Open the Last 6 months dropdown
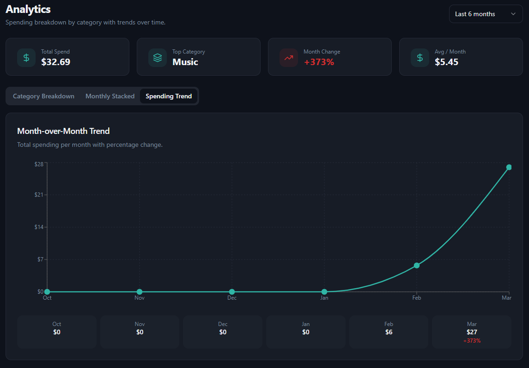click(485, 14)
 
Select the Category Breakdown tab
click(43, 96)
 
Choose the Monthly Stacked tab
click(110, 96)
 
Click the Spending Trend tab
click(169, 96)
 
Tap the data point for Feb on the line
click(417, 265)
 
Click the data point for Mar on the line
click(509, 167)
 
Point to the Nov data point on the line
click(140, 292)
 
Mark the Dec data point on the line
click(232, 292)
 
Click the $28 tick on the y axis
click(39, 164)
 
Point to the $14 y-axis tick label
click(39, 227)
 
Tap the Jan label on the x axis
click(324, 298)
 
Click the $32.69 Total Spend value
click(55, 62)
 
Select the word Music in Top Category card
click(185, 62)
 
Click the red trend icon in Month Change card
click(289, 58)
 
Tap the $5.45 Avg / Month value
click(446, 62)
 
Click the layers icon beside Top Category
click(158, 58)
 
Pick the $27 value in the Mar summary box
click(472, 332)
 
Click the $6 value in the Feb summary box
click(389, 332)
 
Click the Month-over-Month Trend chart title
click(63, 131)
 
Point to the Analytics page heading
click(28, 9)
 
